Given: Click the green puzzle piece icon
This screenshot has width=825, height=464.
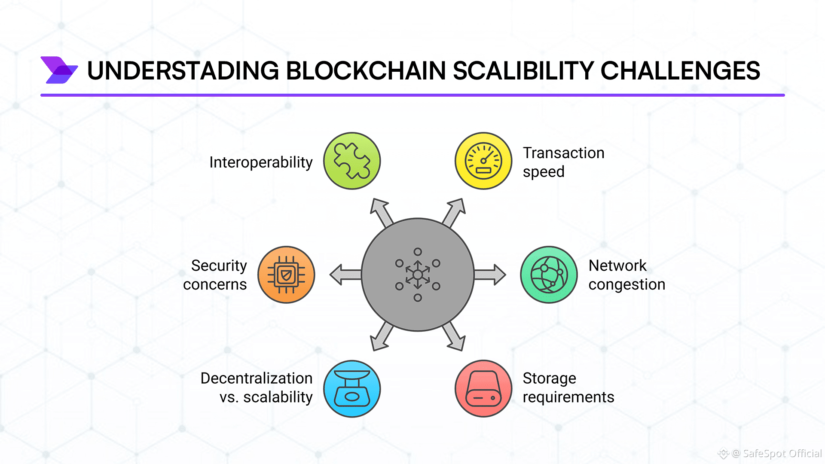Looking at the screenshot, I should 352,161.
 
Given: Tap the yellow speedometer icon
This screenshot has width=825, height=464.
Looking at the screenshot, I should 483,161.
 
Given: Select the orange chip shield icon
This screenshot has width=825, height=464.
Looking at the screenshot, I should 286,275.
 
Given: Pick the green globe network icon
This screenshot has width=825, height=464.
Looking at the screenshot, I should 549,275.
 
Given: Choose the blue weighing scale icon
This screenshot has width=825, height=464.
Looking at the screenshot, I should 352,389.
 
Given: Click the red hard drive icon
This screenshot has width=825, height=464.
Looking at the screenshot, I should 483,389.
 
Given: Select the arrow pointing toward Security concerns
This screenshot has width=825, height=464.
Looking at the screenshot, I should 345,275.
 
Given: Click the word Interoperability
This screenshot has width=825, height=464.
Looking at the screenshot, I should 261,162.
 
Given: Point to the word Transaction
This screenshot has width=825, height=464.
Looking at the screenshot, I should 563,153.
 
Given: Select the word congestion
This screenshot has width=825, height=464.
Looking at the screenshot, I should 626,284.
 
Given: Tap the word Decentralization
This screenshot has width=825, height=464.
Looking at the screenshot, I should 257,378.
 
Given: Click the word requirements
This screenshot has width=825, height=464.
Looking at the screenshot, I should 568,397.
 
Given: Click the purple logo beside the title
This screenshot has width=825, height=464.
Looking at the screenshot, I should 59,70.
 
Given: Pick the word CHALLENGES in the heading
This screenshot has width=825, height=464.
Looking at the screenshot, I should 680,71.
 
